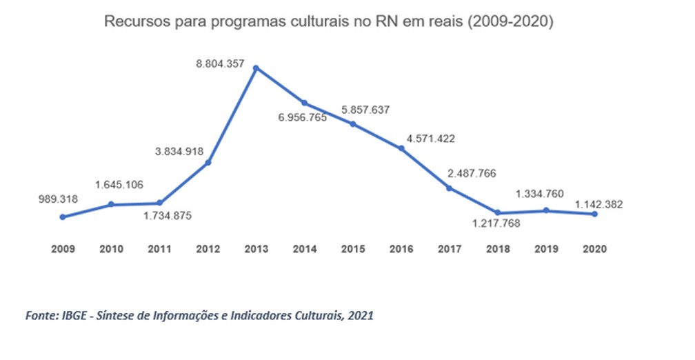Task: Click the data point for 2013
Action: tap(256, 68)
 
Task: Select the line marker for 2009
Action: tap(63, 217)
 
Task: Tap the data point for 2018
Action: tap(497, 212)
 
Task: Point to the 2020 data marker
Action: tap(594, 214)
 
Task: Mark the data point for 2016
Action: tap(401, 148)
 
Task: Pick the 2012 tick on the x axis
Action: tap(208, 248)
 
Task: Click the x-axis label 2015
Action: tap(352, 248)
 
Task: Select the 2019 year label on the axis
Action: tap(545, 248)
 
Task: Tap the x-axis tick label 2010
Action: tap(111, 248)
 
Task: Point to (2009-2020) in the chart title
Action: tap(511, 21)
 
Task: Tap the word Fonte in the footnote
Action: tap(40, 316)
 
